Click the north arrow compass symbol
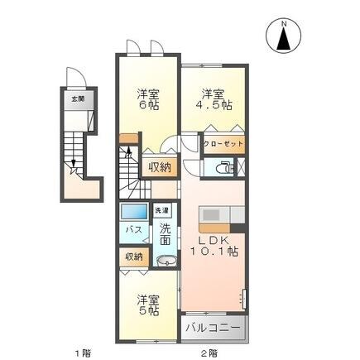point(283,38)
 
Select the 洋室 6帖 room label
point(146,100)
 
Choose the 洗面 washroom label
point(166,234)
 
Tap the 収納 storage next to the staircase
point(159,166)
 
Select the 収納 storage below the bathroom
point(133,257)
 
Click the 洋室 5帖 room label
point(146,304)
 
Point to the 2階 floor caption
point(210,353)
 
